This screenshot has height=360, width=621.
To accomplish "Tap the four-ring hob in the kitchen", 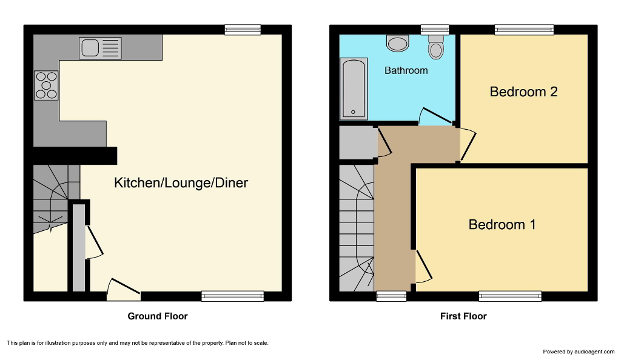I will coord(46,85).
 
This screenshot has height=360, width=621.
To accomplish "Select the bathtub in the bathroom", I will coord(354,88).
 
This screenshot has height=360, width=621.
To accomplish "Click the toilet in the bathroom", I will coord(435,47).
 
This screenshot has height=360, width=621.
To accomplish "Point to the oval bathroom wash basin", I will coord(398,43).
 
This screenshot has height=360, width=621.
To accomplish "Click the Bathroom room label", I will coord(406,70).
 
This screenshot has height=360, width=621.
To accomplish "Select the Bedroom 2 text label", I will coord(523,92).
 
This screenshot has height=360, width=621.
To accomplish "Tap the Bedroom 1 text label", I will coord(502,224).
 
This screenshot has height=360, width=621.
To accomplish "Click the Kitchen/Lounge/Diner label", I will coord(181,182).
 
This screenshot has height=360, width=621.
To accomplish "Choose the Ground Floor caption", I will coord(157,316).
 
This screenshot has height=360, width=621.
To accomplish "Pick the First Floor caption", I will coord(463,316).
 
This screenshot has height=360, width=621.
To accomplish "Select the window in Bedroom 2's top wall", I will coord(524,28).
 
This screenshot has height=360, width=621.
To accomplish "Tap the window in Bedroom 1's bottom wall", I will coord(509,296).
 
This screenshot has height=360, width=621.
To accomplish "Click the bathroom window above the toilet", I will coord(435,28).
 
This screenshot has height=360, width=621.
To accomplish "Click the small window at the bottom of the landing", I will coord(391,296).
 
